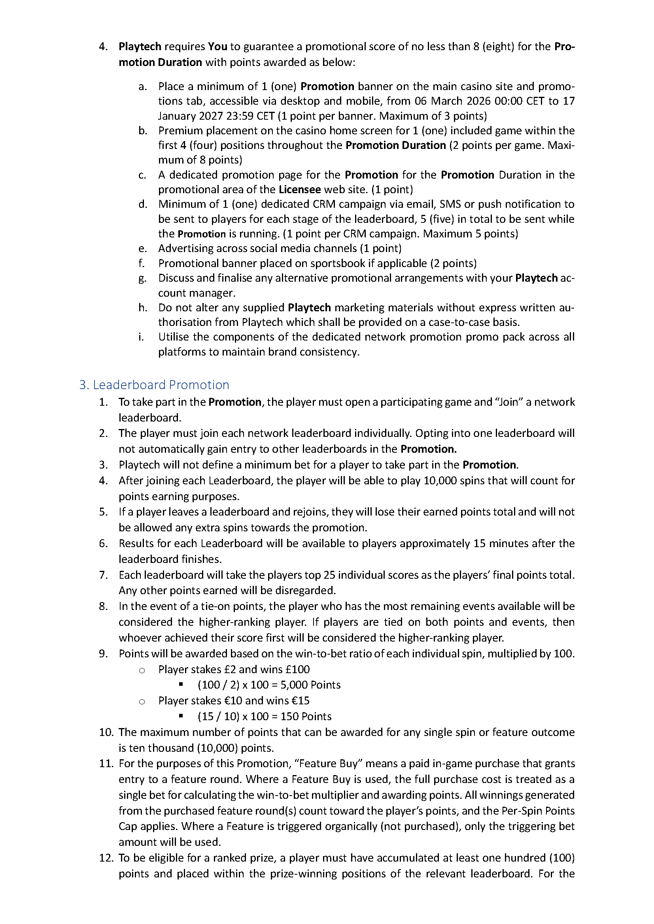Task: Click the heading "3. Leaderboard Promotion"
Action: tap(154, 385)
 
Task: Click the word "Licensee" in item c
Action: tap(300, 189)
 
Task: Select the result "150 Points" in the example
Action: tap(306, 716)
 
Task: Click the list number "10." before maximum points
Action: tap(106, 732)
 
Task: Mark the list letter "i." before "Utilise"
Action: tap(141, 337)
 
